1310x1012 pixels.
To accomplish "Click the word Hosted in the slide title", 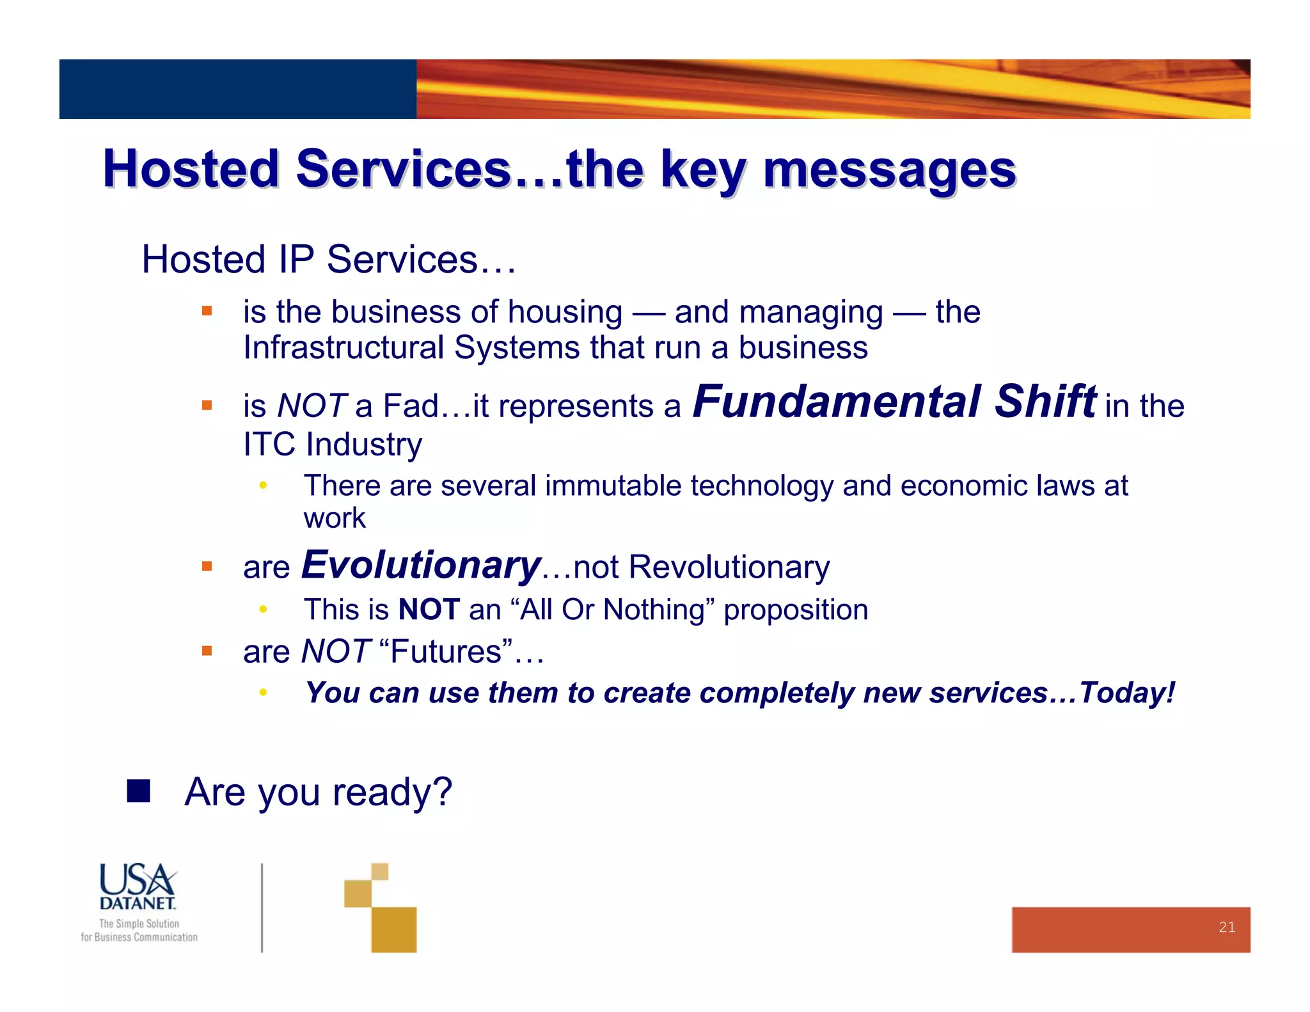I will (x=191, y=169).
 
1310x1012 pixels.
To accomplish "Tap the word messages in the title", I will (x=889, y=170).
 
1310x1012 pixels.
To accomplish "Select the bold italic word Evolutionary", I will (x=421, y=565).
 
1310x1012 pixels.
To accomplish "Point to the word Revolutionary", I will (x=729, y=567).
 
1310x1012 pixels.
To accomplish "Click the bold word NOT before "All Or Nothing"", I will (x=429, y=610).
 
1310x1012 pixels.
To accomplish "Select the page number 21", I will (x=1226, y=927).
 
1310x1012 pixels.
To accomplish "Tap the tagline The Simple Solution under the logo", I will (x=139, y=924).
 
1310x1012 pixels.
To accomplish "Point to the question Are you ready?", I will (x=318, y=792).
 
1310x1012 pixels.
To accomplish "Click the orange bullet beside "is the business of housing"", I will (x=207, y=312).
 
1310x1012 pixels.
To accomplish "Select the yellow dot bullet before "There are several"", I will (x=262, y=486).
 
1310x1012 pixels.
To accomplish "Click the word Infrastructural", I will (x=343, y=348).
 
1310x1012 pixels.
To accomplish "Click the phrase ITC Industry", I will (x=333, y=444).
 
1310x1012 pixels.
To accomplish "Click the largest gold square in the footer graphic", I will (x=393, y=929).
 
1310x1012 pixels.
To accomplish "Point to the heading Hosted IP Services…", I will (x=328, y=260).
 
